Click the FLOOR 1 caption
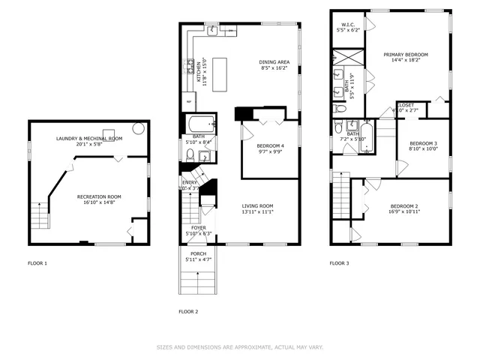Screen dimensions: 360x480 click(37, 263)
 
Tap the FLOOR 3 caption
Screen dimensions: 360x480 click(340, 263)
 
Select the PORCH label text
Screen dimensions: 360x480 click(198, 253)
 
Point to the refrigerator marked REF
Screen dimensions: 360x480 click(188, 100)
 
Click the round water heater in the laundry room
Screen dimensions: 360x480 click(139, 128)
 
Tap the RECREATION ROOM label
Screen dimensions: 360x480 click(99, 196)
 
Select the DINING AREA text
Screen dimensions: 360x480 click(274, 62)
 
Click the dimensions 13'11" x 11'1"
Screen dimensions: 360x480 click(257, 211)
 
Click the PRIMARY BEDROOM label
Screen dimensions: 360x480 click(406, 54)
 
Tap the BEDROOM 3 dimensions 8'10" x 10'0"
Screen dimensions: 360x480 click(422, 148)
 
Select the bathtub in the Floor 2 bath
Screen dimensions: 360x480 click(200, 122)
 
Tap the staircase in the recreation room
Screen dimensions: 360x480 click(39, 215)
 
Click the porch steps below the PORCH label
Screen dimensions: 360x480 click(198, 282)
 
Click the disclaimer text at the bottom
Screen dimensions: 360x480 click(240, 347)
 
